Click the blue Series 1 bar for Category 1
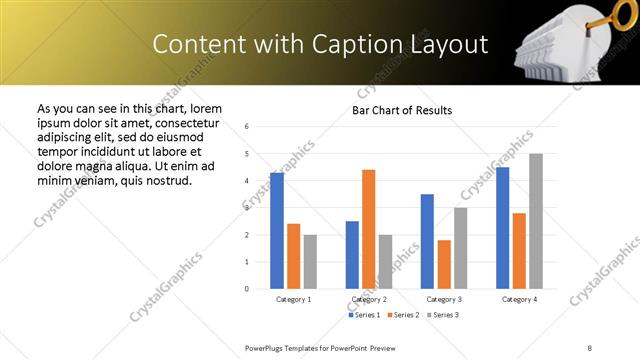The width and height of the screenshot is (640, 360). click(277, 231)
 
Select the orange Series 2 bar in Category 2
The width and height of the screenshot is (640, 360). click(368, 229)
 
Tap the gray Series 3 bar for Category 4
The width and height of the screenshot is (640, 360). click(535, 221)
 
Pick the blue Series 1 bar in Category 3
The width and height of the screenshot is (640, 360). click(427, 241)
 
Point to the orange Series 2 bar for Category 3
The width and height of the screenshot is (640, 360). click(443, 264)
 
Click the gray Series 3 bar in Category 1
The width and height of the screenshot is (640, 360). click(310, 261)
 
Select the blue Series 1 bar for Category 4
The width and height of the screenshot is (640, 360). click(502, 228)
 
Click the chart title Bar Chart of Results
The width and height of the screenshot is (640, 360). click(402, 110)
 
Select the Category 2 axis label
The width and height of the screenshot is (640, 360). click(368, 299)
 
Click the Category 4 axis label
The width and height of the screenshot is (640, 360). click(518, 299)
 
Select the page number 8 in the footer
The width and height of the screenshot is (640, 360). click(590, 347)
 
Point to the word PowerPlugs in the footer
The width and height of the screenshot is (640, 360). click(266, 347)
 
